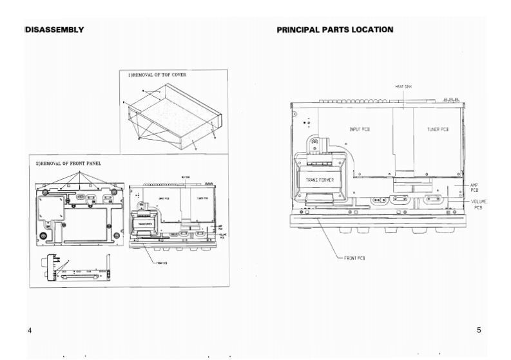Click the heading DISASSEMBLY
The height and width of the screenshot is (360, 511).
[54, 30]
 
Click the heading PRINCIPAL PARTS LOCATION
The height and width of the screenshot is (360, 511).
[334, 30]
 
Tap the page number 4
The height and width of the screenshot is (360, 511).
[30, 330]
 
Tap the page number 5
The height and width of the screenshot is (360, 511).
[479, 330]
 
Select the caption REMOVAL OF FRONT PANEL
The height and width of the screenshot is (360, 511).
[68, 163]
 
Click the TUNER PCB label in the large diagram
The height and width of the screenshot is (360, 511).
[438, 129]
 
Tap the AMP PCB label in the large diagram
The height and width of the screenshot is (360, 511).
[474, 187]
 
